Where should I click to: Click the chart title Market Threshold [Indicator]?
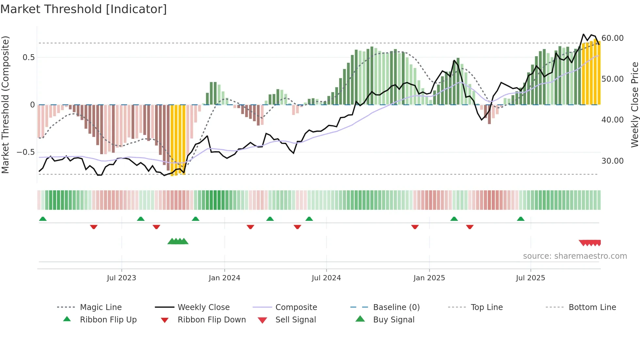(x=84, y=9)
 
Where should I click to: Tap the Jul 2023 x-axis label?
(x=121, y=278)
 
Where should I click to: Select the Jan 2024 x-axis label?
(x=224, y=278)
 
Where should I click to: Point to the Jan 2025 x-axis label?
(x=429, y=278)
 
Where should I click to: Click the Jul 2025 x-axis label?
(x=530, y=278)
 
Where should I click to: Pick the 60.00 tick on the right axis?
(x=612, y=38)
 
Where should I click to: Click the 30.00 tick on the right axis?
(x=612, y=161)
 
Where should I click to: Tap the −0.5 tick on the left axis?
(x=25, y=152)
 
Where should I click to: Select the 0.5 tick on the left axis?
(x=28, y=57)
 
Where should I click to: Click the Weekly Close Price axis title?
(x=634, y=105)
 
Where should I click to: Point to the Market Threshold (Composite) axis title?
(x=5, y=105)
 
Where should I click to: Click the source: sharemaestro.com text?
(x=575, y=256)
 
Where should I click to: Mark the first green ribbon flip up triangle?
(x=43, y=219)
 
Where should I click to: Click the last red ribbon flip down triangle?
(x=470, y=227)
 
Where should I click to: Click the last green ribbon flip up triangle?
(x=521, y=219)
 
